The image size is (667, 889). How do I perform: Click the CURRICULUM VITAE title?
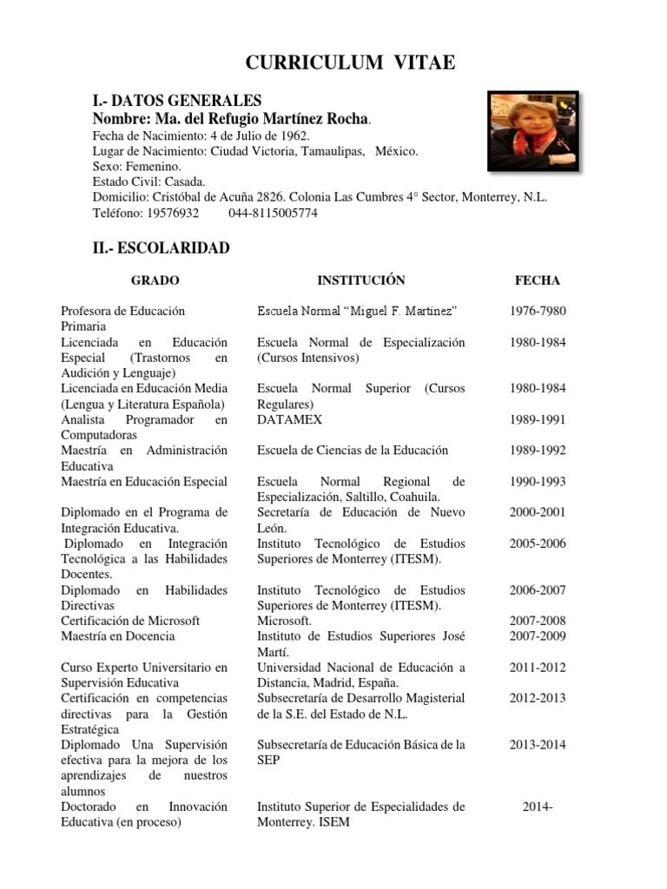(350, 62)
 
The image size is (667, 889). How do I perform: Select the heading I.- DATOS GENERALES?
(176, 102)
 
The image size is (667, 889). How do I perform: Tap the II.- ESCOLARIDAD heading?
(161, 248)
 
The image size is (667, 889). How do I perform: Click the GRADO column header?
(155, 280)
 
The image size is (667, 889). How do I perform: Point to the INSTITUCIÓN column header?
(361, 280)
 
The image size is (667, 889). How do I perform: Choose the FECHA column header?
(538, 280)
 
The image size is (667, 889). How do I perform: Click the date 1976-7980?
(538, 311)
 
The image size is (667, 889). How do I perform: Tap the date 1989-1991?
(538, 419)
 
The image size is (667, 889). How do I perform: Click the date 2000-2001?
(538, 512)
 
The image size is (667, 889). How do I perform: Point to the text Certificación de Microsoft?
(130, 621)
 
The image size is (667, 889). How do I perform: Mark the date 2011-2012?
(538, 668)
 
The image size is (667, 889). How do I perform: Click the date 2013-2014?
(538, 745)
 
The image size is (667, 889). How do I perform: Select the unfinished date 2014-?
(538, 807)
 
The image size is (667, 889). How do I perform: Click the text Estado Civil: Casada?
(149, 182)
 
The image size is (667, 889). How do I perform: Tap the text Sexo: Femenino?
(136, 167)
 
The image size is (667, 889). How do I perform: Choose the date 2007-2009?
(538, 636)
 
